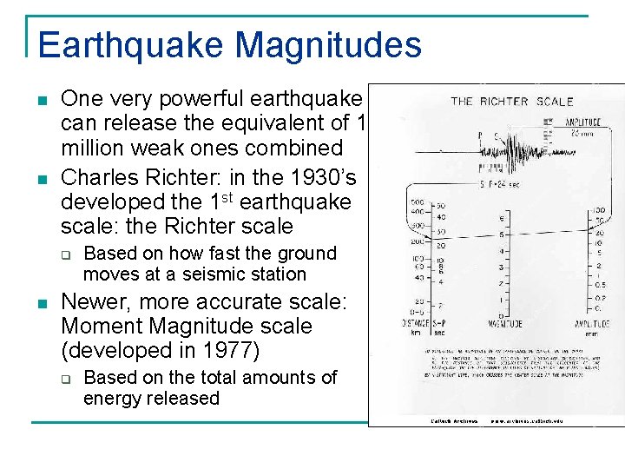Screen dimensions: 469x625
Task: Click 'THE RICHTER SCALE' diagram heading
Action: point(511,102)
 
